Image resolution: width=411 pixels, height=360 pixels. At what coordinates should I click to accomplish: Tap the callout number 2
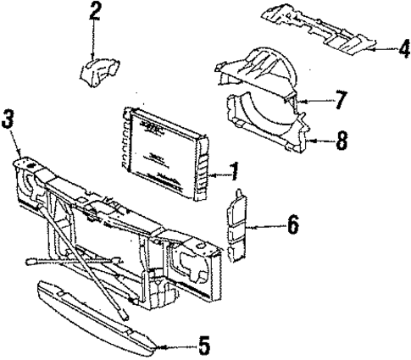95,11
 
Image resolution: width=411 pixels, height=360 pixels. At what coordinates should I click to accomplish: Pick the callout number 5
203,346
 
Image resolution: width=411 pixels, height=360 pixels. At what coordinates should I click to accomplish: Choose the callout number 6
292,226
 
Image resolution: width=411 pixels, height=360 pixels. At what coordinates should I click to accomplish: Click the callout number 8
341,139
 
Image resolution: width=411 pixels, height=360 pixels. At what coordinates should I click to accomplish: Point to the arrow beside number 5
178,345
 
